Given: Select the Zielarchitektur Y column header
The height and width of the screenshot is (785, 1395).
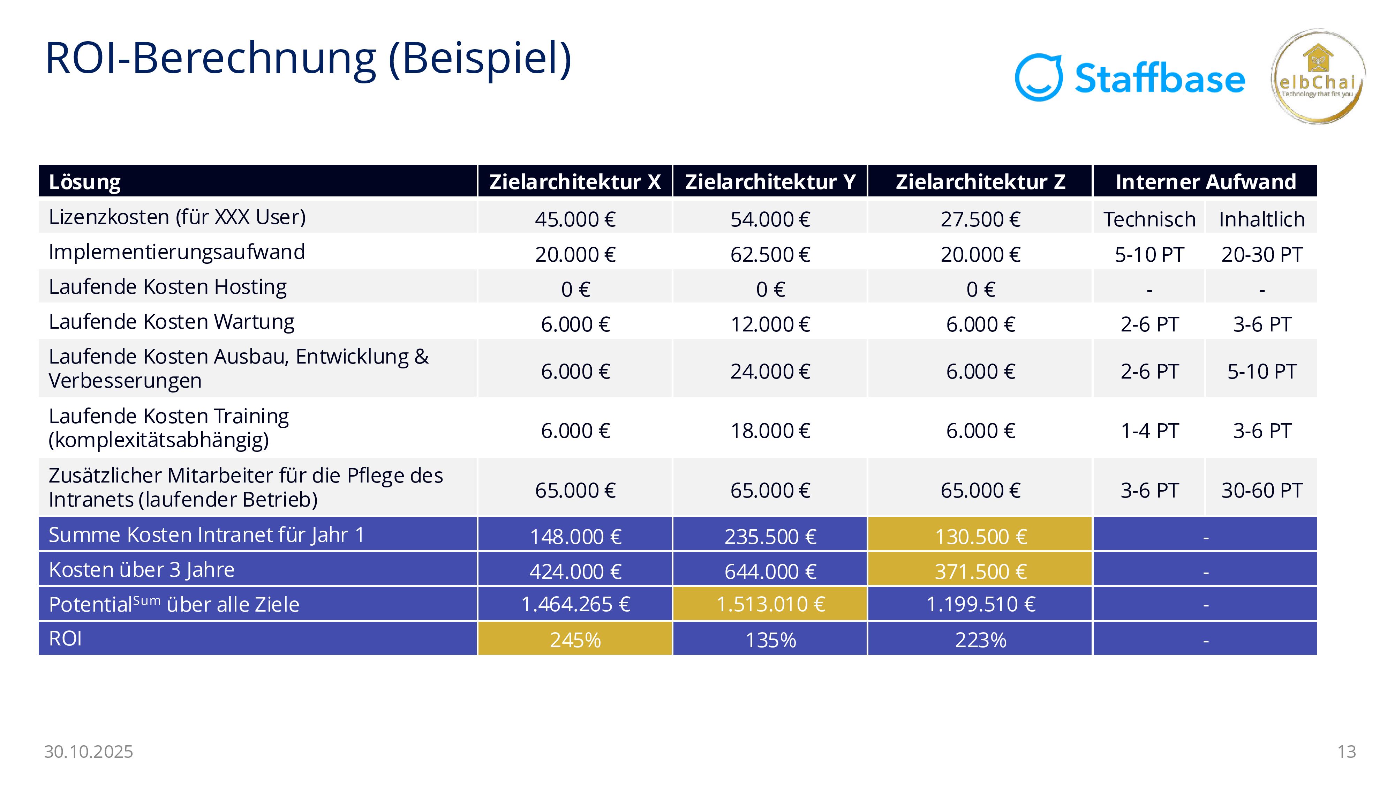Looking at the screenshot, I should click(x=770, y=181).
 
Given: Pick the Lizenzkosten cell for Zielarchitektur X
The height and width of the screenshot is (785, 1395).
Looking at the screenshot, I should click(x=575, y=219).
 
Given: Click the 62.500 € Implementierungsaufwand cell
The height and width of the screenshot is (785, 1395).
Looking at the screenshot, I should click(x=770, y=254).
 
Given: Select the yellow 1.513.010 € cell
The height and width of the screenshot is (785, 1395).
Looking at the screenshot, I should click(x=770, y=604).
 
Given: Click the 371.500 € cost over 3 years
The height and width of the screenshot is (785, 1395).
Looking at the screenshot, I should click(x=980, y=571).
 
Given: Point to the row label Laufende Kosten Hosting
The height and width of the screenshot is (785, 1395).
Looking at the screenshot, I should click(x=167, y=286).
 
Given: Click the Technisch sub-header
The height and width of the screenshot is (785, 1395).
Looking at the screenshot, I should click(x=1149, y=219).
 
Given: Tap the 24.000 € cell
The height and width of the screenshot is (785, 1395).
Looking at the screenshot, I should click(x=770, y=371).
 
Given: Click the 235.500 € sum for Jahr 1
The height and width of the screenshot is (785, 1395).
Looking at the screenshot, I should click(x=770, y=536).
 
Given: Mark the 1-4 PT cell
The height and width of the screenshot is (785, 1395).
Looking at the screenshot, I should click(x=1149, y=431).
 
